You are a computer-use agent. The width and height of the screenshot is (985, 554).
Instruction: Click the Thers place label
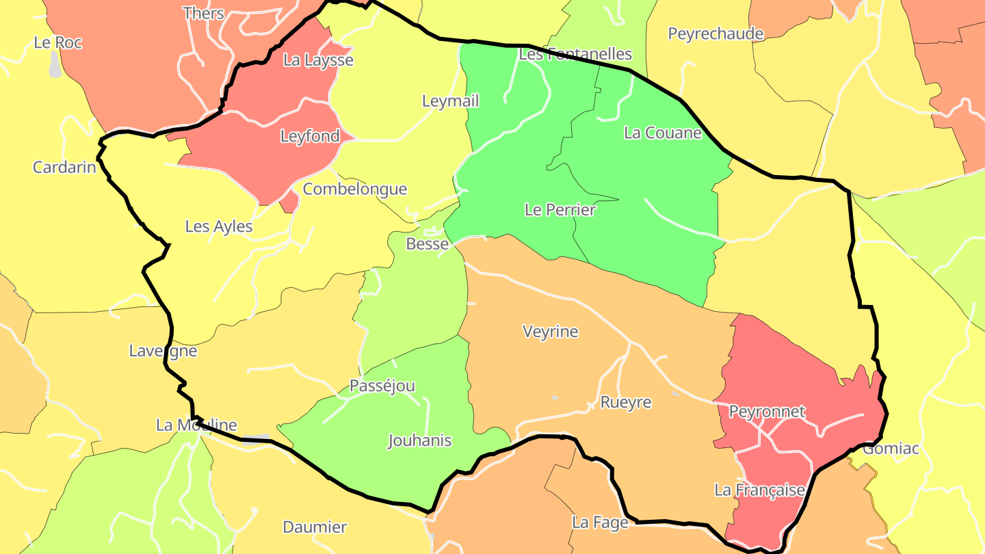tap(204, 13)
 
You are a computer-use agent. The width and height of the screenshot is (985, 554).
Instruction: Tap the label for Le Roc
tap(57, 42)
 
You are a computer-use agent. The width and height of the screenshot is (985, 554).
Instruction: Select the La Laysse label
tap(318, 60)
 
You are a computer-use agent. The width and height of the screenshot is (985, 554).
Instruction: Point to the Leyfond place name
tap(310, 136)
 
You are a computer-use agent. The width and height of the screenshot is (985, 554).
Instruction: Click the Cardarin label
tap(64, 167)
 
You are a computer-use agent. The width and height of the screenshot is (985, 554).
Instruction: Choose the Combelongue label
tap(354, 189)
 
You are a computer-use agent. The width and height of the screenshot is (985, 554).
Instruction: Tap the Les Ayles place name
tap(219, 226)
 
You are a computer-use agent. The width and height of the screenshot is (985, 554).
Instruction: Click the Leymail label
tap(450, 101)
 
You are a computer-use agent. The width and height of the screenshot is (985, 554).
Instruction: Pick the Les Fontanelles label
tap(575, 54)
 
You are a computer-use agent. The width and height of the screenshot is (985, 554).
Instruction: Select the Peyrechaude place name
tap(715, 34)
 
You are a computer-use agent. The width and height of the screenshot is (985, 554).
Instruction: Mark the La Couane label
tap(662, 133)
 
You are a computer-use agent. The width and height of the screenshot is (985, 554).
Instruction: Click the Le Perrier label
tap(560, 210)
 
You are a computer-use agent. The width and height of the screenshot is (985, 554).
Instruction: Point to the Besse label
tap(428, 243)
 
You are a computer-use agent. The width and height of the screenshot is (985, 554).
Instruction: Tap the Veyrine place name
tap(550, 332)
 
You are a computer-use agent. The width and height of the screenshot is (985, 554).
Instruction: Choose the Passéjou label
tap(382, 386)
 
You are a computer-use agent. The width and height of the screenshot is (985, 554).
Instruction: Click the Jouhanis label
tap(419, 440)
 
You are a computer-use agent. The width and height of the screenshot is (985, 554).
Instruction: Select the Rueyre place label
tap(625, 402)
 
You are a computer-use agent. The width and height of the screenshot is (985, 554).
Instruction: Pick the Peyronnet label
tap(767, 412)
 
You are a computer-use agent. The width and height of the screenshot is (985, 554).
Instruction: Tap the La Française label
tap(759, 490)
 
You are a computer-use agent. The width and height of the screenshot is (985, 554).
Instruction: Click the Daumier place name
tap(315, 527)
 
